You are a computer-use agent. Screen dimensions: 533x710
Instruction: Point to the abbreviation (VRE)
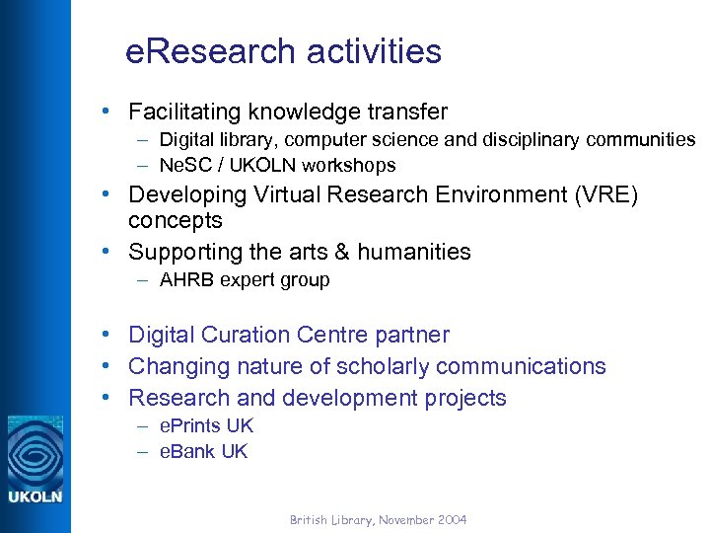[x=603, y=194]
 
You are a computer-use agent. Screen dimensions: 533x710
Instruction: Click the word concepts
[x=176, y=220]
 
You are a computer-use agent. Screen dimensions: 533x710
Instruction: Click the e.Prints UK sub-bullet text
[x=206, y=425]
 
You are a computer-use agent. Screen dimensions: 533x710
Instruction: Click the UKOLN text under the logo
[x=35, y=496]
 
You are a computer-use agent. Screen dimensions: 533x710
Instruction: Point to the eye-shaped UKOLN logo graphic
[x=35, y=450]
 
